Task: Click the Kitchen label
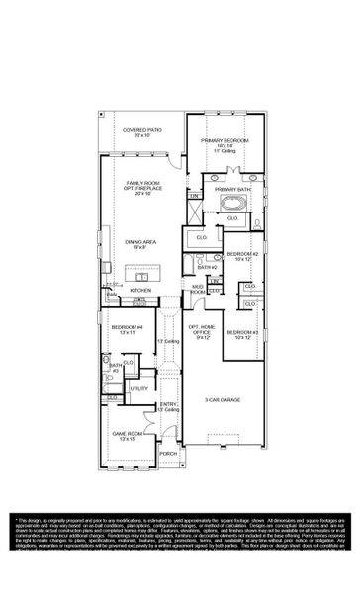(x=141, y=290)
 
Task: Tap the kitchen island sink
(x=142, y=278)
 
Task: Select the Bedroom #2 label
(x=242, y=255)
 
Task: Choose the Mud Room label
(x=198, y=290)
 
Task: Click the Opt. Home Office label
(x=201, y=330)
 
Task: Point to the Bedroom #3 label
(x=242, y=332)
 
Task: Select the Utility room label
(x=138, y=388)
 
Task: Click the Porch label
(x=168, y=454)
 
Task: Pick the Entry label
(x=170, y=404)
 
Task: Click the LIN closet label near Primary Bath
(x=195, y=197)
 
